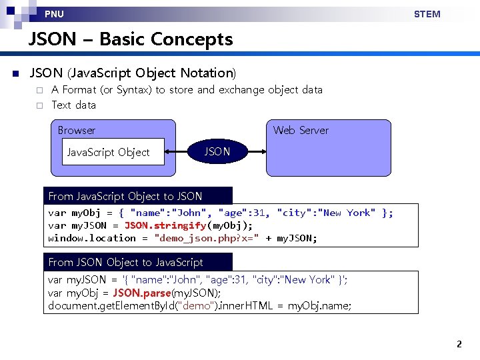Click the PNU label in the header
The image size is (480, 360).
(55, 14)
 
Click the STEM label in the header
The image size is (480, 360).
(427, 14)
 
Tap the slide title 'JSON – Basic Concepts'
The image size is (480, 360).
(131, 39)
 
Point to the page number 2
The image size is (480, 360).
(459, 345)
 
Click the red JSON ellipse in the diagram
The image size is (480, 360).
(217, 152)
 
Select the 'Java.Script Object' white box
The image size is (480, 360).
(108, 153)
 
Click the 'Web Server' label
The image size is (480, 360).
(301, 131)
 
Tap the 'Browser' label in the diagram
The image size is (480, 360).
(77, 131)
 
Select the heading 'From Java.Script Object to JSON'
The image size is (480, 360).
(125, 196)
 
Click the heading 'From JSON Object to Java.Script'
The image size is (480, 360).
(126, 262)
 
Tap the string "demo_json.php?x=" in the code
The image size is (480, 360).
(207, 238)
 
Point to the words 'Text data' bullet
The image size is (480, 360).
(73, 105)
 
